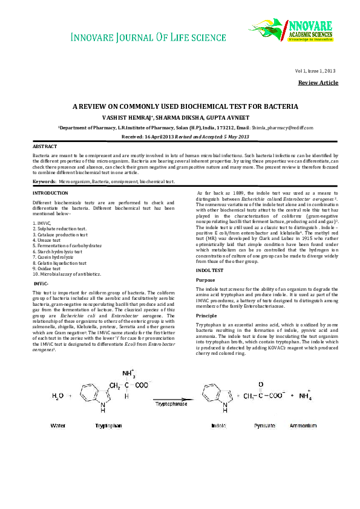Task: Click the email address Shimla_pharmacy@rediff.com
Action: coord(283,128)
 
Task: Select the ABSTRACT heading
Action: coord(45,147)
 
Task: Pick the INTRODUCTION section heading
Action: coord(50,193)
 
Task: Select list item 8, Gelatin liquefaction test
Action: coord(60,263)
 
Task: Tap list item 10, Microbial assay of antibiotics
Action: coord(67,274)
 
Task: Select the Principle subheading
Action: coord(208,316)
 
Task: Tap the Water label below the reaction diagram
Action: coord(58,426)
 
